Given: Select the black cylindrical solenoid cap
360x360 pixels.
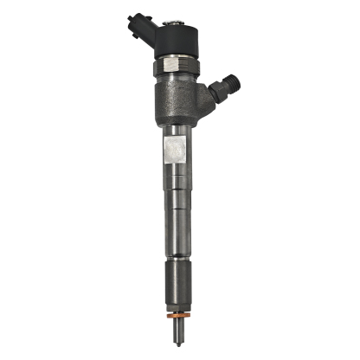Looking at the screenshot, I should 178,35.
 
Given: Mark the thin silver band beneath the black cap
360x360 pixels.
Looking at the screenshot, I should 179,56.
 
